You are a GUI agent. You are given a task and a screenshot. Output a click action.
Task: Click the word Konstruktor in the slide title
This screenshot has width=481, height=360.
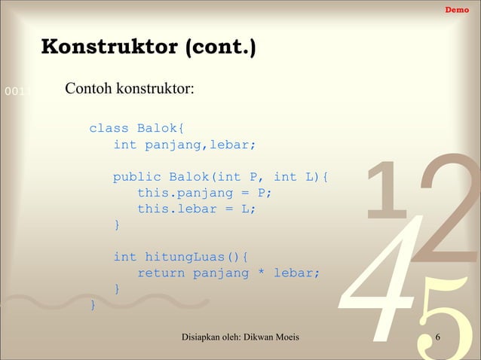[109, 47]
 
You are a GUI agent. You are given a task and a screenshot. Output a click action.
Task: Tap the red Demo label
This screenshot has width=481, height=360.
[456, 10]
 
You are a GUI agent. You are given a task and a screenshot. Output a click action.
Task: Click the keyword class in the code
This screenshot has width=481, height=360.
[109, 128]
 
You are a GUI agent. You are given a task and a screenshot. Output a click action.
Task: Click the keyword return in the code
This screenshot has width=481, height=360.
[161, 273]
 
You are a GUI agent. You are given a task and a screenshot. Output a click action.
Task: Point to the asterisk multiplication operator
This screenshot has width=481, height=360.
[261, 273]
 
